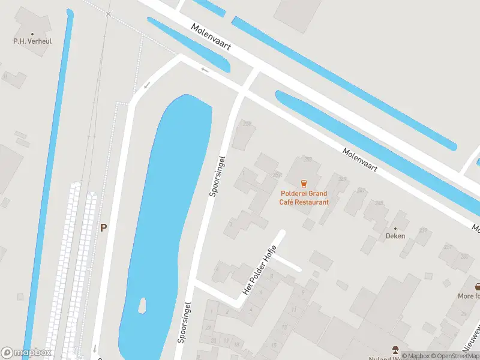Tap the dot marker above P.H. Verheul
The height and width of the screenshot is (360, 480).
click(x=32, y=35)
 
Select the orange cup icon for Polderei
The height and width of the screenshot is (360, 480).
click(x=304, y=182)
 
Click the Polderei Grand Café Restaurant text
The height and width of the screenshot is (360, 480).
click(x=304, y=198)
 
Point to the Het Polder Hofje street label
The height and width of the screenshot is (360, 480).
click(x=259, y=270)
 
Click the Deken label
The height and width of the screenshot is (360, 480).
click(x=395, y=236)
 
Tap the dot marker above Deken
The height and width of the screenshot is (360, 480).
click(x=395, y=228)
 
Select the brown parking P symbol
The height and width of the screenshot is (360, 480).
click(x=103, y=228)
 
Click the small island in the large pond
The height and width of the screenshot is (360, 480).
click(x=143, y=306)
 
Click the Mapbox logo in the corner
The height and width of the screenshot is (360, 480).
click(x=26, y=353)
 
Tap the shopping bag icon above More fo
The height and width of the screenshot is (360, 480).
click(x=478, y=286)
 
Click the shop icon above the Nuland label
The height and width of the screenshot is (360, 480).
click(x=395, y=349)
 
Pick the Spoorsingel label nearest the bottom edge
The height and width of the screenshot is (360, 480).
click(x=184, y=322)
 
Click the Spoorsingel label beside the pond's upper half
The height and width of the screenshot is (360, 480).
click(x=217, y=176)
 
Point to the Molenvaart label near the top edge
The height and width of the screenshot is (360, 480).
click(x=212, y=37)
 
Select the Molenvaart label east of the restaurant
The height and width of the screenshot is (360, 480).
click(x=360, y=161)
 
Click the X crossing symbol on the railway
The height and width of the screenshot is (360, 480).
click(x=108, y=14)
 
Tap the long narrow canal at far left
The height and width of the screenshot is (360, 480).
click(x=48, y=180)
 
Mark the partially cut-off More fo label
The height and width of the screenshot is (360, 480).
click(x=469, y=296)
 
